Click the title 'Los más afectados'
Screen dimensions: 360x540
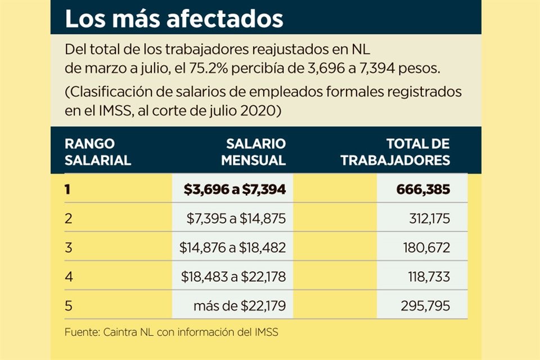coord(174,19)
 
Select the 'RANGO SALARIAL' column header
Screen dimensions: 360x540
coord(98,152)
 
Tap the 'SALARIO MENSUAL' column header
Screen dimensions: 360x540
coord(253,152)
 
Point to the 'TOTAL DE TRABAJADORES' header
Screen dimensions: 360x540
coord(395,152)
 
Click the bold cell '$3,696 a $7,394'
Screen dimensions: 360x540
coord(235,190)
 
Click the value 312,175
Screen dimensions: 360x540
coord(429,218)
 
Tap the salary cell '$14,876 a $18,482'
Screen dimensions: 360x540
coord(233,247)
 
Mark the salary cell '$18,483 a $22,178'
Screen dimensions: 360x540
coord(233,277)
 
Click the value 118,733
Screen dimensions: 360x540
coord(429,277)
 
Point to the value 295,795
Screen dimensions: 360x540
coord(426,306)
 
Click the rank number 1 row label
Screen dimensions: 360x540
coord(67,190)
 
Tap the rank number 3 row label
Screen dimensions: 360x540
coord(68,247)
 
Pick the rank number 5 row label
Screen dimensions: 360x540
coord(68,306)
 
